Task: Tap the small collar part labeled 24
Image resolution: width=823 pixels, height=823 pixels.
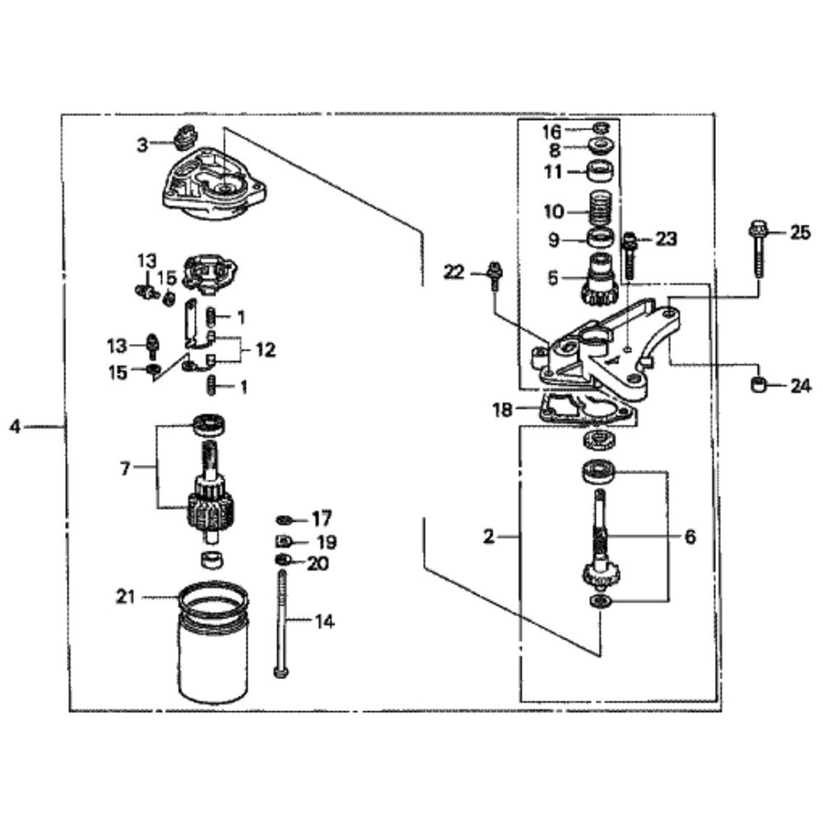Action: [760, 384]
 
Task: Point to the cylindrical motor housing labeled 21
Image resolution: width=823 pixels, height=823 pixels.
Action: [212, 650]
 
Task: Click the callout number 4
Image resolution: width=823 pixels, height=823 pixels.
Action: [14, 426]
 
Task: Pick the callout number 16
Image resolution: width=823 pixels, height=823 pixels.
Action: [551, 131]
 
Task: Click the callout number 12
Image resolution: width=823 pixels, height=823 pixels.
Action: [265, 350]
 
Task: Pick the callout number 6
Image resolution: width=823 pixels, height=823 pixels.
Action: [690, 537]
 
